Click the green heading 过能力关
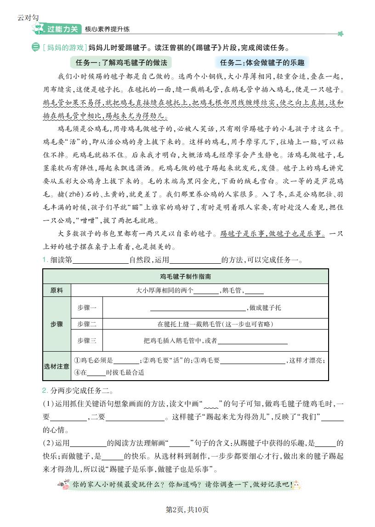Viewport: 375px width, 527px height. coord(63,29)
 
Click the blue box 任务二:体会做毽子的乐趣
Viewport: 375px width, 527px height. coord(262,63)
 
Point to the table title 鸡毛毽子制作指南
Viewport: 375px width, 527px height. coord(186,277)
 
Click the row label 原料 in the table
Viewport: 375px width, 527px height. coord(57,290)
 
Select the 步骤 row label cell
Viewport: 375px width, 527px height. coord(57,324)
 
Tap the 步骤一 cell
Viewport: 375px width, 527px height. coord(87,307)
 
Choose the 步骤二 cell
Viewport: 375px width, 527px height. coord(87,324)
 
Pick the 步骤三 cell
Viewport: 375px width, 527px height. coord(87,341)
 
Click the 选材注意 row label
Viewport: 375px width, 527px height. coord(57,366)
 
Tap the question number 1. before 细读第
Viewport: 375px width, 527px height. coord(45,260)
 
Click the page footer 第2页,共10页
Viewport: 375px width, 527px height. coord(187,510)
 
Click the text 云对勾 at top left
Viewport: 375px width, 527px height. coord(28,18)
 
